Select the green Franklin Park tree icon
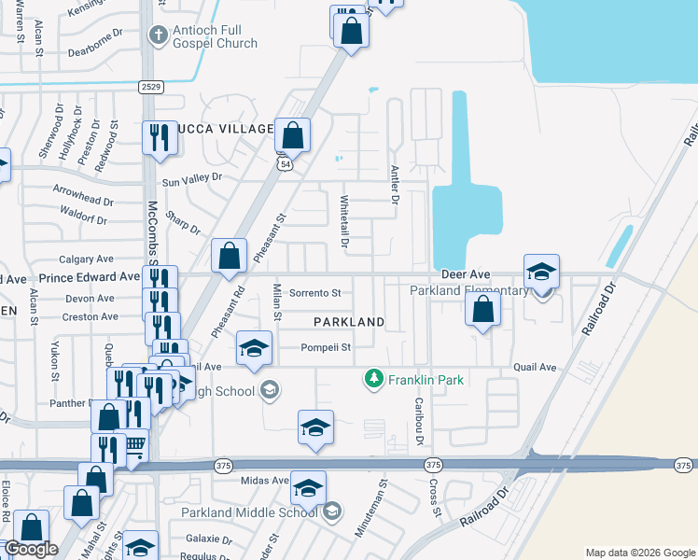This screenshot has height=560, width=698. click(x=374, y=378)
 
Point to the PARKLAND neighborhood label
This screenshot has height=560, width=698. click(x=349, y=322)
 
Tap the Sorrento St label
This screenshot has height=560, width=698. click(x=315, y=293)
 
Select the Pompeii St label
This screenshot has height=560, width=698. click(x=325, y=348)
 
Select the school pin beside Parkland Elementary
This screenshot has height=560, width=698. click(x=541, y=272)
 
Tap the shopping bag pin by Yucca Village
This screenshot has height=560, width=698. click(x=292, y=136)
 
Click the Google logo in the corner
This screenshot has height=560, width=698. click(x=31, y=550)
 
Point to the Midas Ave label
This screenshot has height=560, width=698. click(x=266, y=481)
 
